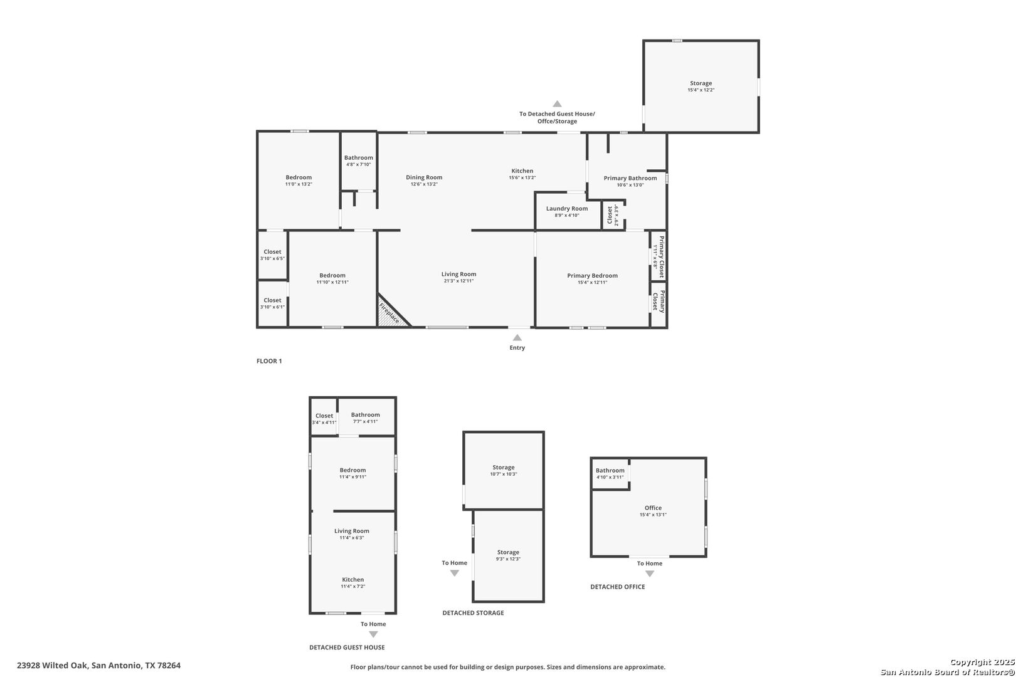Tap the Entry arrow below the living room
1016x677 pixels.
[517, 337]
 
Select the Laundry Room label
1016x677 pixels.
[567, 209]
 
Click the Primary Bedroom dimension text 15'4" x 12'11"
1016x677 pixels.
[593, 283]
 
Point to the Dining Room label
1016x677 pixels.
[424, 177]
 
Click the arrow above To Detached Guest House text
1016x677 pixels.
[557, 104]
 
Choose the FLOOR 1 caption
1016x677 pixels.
[269, 361]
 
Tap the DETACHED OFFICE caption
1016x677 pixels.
[617, 587]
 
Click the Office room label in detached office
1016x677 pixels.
[653, 508]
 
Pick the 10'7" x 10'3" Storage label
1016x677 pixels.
[504, 468]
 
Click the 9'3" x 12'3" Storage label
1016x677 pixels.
[508, 552]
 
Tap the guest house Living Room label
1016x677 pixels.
[352, 531]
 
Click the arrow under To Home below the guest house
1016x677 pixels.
[373, 634]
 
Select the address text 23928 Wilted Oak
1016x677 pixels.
[51, 665]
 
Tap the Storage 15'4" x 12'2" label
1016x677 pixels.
[701, 83]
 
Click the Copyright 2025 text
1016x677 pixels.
[982, 663]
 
